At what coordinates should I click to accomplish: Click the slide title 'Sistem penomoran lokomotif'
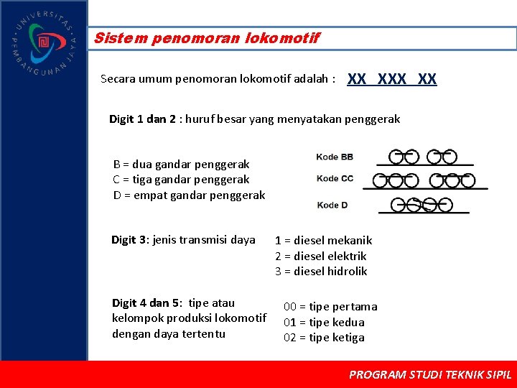click(207, 38)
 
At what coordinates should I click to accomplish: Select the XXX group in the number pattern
click(391, 79)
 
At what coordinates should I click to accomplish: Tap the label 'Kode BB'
click(335, 157)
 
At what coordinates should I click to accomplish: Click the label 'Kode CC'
click(335, 179)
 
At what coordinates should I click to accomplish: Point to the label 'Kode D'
click(332, 205)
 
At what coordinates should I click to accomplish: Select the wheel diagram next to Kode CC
click(425, 181)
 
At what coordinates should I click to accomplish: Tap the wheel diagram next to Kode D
click(424, 206)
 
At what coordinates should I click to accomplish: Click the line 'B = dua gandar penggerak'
click(182, 164)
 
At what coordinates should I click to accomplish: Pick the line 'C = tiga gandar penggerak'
click(181, 180)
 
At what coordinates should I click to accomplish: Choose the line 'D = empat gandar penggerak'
click(189, 195)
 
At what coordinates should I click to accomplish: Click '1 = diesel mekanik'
click(323, 241)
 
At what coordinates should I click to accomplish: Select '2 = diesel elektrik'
click(320, 256)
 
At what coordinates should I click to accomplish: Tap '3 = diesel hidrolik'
click(321, 271)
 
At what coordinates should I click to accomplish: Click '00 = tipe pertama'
click(330, 307)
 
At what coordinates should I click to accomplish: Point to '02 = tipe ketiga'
click(324, 338)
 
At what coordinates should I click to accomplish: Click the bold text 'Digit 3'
click(129, 240)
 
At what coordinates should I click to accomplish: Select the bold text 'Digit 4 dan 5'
click(146, 302)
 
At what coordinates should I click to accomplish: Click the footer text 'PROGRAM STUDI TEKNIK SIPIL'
click(429, 374)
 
